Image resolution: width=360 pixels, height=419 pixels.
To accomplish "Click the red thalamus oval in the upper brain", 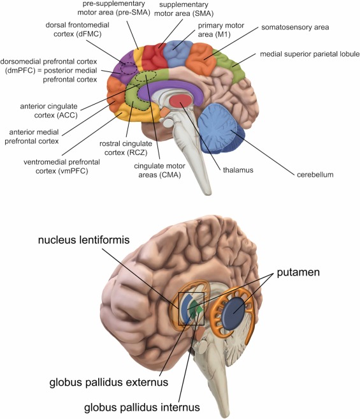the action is (x=180, y=101).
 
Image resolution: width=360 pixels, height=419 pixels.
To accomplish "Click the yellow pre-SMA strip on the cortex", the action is (x=139, y=59).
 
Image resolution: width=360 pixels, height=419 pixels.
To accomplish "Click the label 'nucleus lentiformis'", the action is (x=84, y=240).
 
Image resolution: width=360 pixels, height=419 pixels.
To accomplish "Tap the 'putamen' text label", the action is (x=298, y=272).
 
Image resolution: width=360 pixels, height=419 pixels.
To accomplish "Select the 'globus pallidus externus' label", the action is (x=109, y=382).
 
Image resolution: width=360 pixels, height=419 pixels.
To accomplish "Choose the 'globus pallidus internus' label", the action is (x=142, y=408).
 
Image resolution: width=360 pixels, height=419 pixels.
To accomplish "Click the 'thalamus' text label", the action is (x=238, y=170).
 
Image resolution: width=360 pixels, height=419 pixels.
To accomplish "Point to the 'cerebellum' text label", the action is (x=315, y=175).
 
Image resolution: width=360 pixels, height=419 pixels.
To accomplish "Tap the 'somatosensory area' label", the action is (x=295, y=27).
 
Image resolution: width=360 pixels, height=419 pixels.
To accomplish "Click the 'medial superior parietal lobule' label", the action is (x=310, y=54).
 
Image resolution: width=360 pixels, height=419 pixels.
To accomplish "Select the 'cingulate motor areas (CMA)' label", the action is (x=160, y=170).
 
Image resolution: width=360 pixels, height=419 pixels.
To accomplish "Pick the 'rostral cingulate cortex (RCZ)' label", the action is (x=126, y=148).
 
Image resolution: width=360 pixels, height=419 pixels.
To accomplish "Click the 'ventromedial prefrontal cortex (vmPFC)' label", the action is (x=62, y=166).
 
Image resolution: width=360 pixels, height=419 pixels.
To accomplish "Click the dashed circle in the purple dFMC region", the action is (x=129, y=68).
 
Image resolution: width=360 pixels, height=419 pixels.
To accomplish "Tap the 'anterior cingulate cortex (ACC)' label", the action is (x=49, y=110).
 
